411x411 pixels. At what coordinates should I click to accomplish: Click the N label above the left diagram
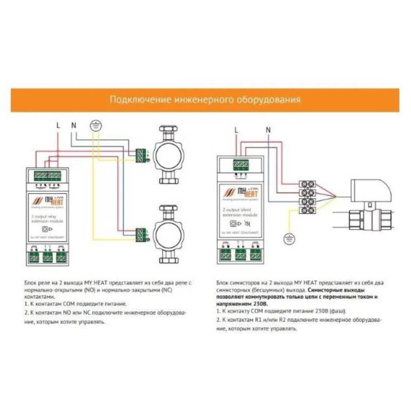click(x=73, y=125)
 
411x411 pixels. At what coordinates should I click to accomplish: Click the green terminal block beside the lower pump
click(x=141, y=234)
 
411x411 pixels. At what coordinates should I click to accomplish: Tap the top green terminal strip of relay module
click(x=48, y=175)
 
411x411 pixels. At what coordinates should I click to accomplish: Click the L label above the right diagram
click(x=236, y=130)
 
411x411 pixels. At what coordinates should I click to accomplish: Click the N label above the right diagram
click(x=268, y=130)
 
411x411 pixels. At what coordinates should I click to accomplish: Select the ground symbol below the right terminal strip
click(x=289, y=238)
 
